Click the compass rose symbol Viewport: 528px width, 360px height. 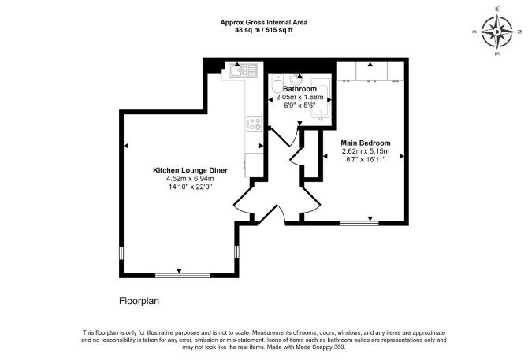[497, 32]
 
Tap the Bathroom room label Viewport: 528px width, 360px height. [299, 89]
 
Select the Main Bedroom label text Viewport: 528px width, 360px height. [366, 143]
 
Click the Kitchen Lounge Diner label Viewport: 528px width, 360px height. [190, 170]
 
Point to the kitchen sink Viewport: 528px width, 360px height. [244, 71]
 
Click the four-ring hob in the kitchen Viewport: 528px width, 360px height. [255, 124]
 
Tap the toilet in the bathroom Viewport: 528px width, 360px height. [277, 84]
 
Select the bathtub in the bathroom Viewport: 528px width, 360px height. [321, 99]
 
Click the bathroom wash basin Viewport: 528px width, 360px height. [296, 80]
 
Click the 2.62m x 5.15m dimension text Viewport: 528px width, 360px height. [366, 151]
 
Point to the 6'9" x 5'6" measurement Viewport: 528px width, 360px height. [299, 105]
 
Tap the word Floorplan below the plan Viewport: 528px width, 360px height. [139, 301]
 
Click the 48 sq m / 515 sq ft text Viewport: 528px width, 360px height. [264, 30]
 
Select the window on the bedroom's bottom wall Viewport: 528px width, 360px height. [359, 223]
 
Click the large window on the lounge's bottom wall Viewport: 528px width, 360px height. [183, 275]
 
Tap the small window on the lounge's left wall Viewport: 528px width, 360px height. [121, 253]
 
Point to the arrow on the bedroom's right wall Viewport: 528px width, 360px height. [402, 156]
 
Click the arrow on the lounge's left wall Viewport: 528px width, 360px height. [126, 146]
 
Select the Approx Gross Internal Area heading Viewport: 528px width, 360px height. [264, 23]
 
